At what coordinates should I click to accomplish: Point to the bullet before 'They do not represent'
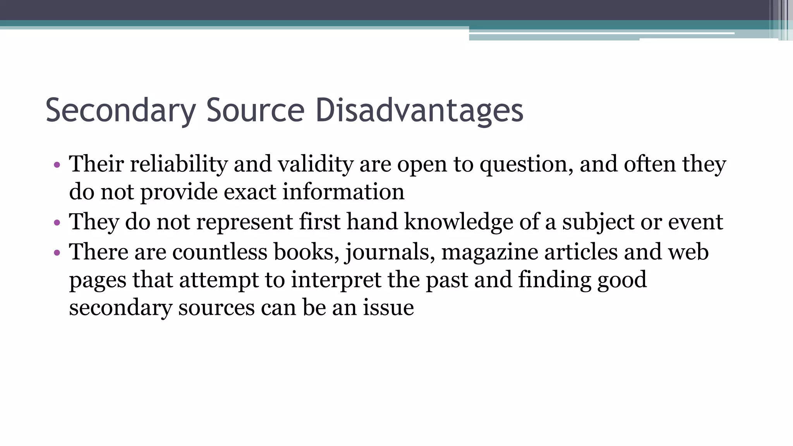[x=57, y=223]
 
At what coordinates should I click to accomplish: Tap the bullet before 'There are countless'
[x=57, y=253]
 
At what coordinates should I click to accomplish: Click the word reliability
[x=179, y=164]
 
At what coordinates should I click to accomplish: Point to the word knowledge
[x=458, y=222]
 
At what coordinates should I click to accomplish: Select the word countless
[x=220, y=252]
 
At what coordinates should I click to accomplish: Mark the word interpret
[x=336, y=280]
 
